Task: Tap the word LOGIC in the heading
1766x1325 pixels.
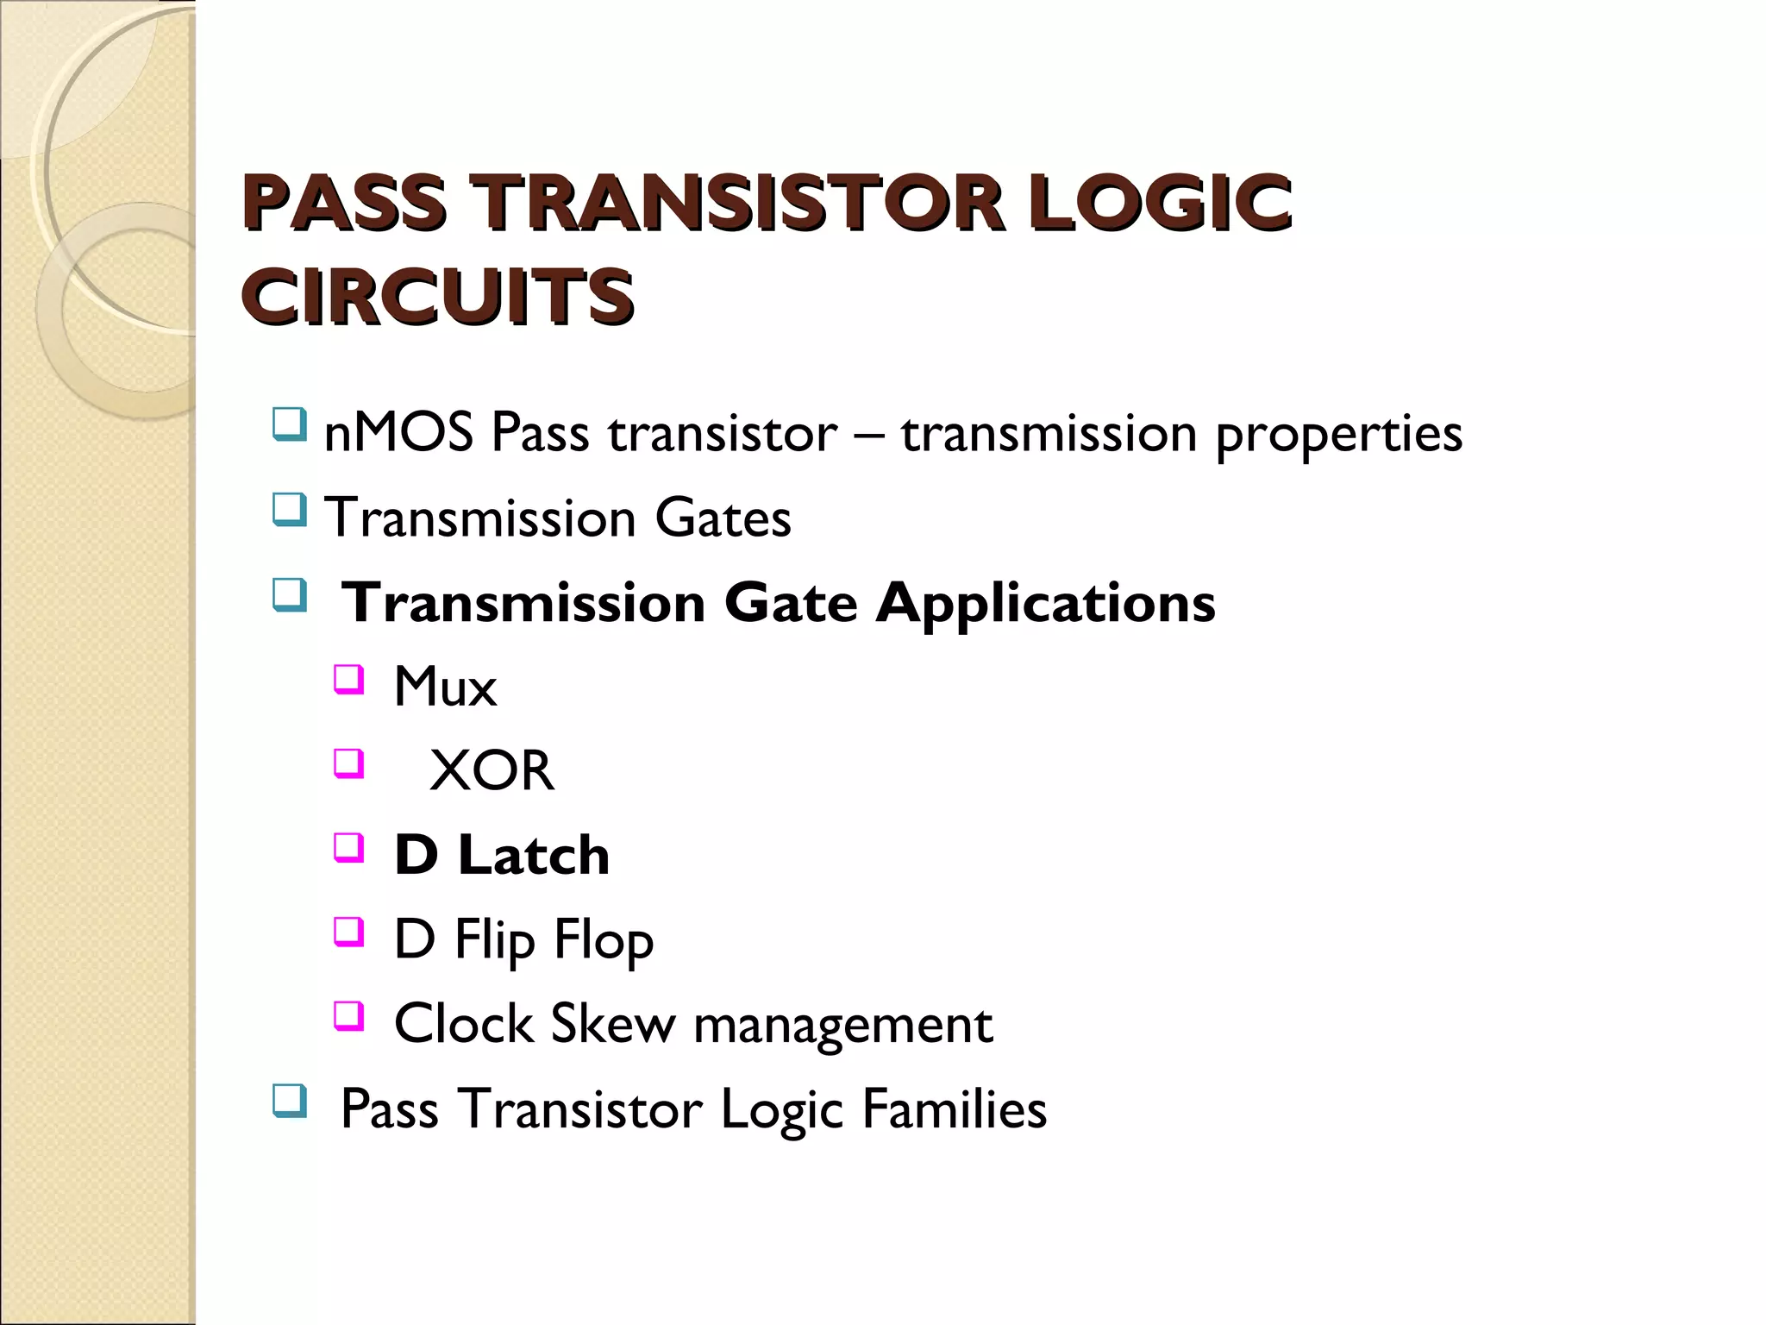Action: [x=1159, y=203]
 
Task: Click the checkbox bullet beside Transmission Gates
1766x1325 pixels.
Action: [x=289, y=509]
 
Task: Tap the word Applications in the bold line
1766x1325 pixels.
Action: [x=1045, y=602]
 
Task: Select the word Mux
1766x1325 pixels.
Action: [x=445, y=688]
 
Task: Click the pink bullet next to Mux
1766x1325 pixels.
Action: [x=348, y=679]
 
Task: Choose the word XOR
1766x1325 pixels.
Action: [x=492, y=770]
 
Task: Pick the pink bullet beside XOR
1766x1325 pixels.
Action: [x=348, y=763]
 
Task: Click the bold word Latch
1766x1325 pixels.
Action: [x=533, y=855]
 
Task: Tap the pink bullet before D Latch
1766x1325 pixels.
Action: [x=348, y=847]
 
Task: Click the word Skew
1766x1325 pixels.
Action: [x=612, y=1024]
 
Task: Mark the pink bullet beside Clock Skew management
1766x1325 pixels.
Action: [x=348, y=1015]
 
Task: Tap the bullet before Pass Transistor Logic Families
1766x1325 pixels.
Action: [x=289, y=1101]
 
